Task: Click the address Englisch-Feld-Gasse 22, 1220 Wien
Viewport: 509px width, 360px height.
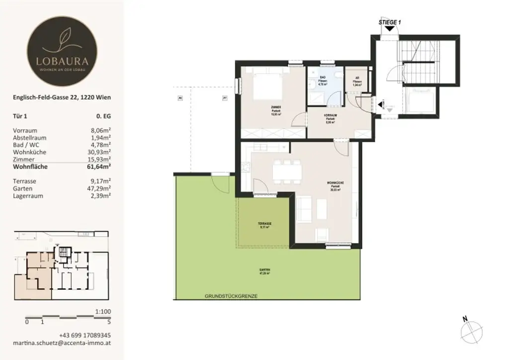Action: pos(62,98)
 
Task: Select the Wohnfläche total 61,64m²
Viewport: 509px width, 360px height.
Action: pos(97,167)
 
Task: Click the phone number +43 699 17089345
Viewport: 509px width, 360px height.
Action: pos(85,335)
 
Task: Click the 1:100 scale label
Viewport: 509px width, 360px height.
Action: pos(102,311)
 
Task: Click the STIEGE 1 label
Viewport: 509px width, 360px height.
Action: pos(389,22)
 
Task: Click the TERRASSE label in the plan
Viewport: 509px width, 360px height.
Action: pos(264,224)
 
